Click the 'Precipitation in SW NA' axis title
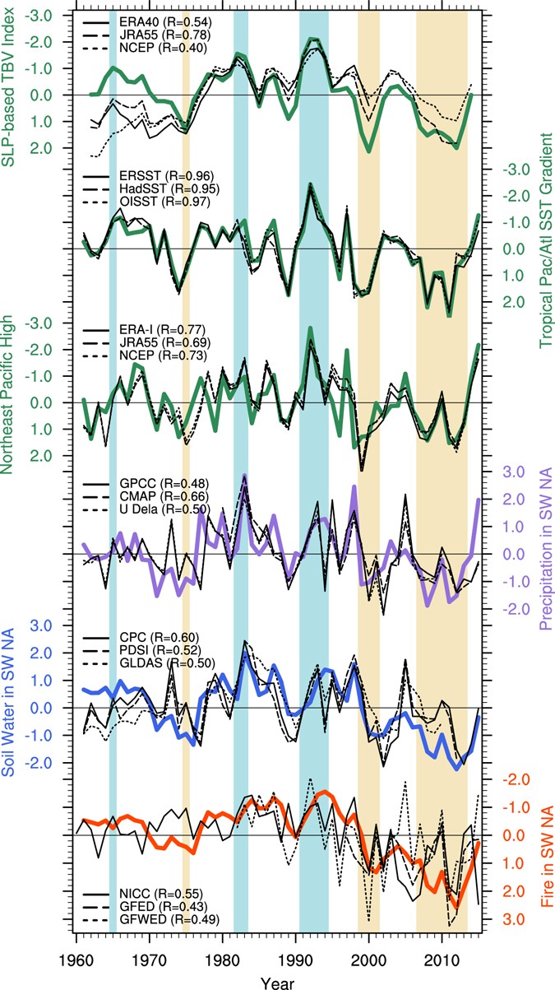click(x=544, y=553)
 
